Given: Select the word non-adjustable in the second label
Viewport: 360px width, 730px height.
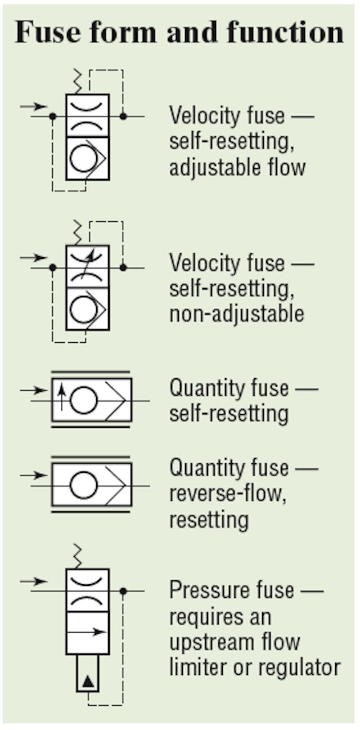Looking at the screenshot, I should coord(236,313).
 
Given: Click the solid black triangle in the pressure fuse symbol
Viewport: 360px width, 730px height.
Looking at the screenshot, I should coord(87,682).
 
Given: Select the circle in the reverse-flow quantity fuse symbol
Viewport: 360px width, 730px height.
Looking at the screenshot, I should coord(83,485).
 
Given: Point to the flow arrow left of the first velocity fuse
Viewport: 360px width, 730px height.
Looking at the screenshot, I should coord(34,106).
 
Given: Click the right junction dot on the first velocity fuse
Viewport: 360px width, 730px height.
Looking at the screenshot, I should coord(123,116).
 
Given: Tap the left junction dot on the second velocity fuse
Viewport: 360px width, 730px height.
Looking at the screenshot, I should coord(52,268).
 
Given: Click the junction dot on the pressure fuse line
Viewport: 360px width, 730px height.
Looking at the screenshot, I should coord(123,591).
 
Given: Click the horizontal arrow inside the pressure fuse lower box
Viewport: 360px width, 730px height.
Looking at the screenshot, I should coord(87,632).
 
